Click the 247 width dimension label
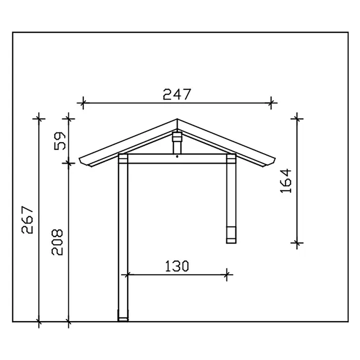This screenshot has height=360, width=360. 177,94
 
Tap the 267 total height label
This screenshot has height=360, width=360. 27,220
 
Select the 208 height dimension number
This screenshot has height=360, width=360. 57,242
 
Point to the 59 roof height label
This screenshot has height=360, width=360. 60,141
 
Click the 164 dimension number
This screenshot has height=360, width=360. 286,181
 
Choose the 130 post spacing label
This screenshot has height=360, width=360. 177,266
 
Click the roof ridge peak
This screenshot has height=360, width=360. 177,119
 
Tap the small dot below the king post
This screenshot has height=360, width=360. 177,157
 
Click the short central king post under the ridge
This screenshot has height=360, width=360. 177,143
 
